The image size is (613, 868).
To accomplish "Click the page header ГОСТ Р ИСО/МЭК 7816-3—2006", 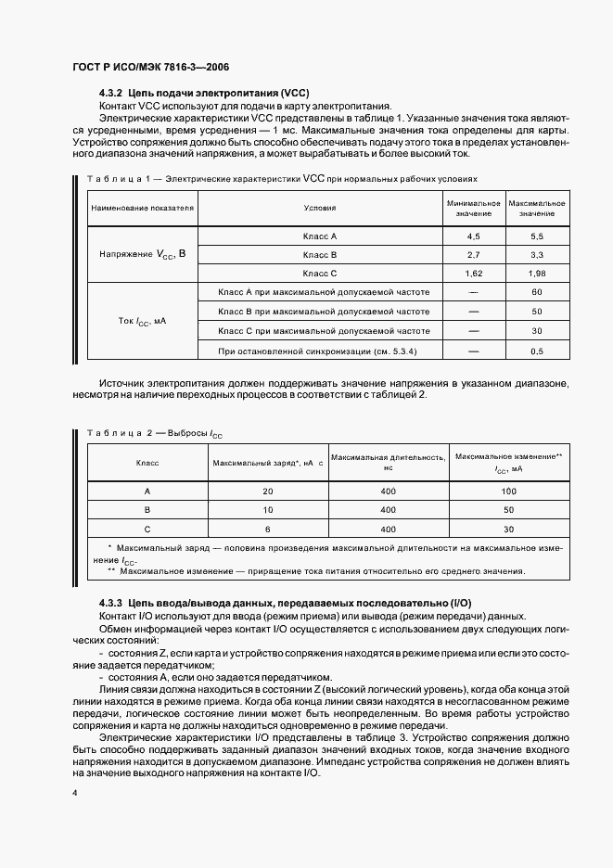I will coord(150,68).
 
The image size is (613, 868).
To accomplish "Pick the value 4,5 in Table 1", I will coord(473,236).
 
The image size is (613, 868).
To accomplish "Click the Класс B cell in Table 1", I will coord(320,254).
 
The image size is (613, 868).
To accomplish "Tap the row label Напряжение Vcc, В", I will coord(143,253).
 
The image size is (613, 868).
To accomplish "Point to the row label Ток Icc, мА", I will coord(143,321).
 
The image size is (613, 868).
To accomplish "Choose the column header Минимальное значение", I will coord(473,208).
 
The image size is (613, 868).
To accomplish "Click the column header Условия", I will coord(320,208).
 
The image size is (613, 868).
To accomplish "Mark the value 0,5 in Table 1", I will coord(536,351).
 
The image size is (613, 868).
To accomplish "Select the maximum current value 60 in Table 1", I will coord(536,292).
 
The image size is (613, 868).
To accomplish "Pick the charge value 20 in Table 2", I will coord(267,491).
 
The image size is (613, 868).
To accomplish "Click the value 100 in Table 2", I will coord(508,491).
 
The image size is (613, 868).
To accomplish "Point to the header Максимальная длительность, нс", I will coord(389,462).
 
